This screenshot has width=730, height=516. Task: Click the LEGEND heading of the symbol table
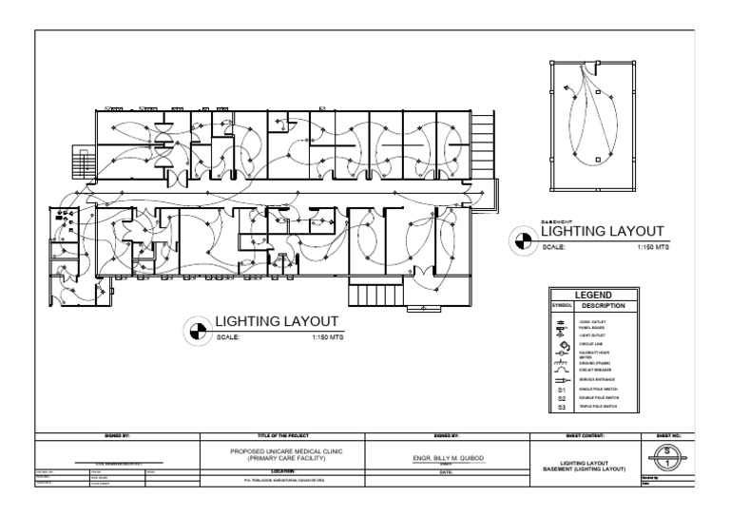click(593, 296)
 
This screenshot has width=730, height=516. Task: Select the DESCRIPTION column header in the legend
click(605, 306)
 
